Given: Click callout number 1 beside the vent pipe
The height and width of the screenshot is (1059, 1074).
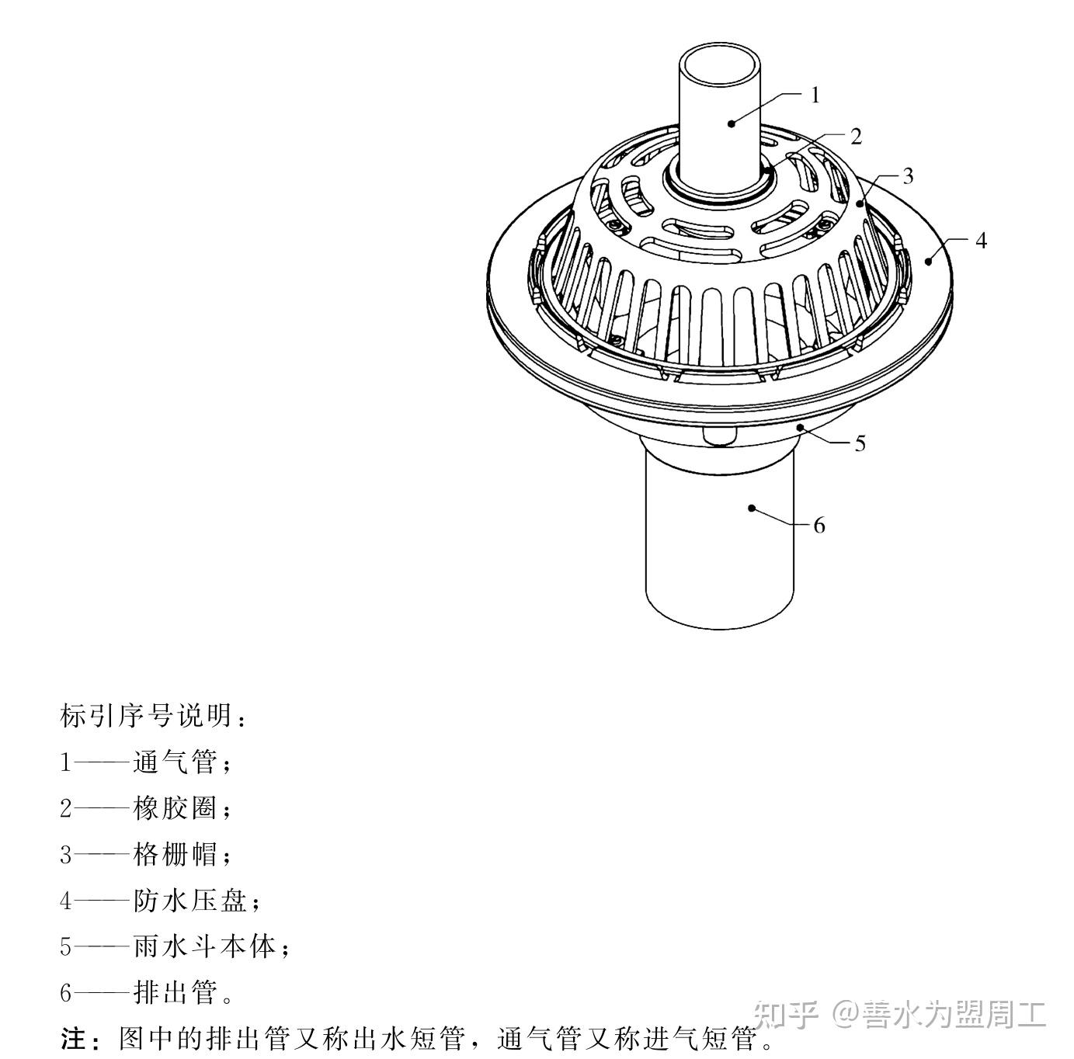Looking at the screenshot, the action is (x=815, y=95).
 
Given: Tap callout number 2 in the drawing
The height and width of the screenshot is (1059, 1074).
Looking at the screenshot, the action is (x=856, y=137).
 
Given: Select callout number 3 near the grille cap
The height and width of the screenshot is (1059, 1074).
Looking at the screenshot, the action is (x=908, y=176).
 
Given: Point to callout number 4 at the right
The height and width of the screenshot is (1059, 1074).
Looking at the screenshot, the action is (x=981, y=241).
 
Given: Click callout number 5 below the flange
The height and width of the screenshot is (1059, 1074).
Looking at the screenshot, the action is (x=860, y=443).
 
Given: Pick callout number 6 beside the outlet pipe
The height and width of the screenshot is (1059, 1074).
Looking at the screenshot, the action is (x=819, y=526).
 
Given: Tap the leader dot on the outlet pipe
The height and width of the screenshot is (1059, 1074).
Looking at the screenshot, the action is (x=751, y=508).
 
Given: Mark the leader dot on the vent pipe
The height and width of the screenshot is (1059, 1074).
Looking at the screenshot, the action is (x=732, y=123).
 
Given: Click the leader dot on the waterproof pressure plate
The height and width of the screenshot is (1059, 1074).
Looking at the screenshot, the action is (x=928, y=262).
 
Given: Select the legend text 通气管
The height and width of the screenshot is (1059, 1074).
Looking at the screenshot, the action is (x=174, y=762).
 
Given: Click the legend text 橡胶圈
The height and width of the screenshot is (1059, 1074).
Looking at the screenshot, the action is (x=174, y=808).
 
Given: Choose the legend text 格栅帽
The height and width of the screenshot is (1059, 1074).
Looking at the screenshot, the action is (x=174, y=855).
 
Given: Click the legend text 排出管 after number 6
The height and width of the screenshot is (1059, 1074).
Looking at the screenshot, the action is (x=174, y=992).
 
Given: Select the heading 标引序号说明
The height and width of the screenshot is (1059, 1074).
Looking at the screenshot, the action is (x=147, y=716).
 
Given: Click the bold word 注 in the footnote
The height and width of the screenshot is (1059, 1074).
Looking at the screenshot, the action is (x=71, y=1038).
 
